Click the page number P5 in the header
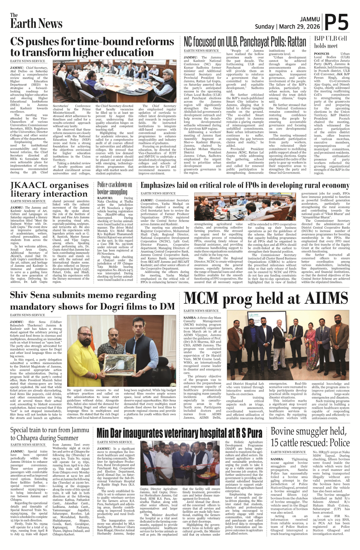(x=337, y=22)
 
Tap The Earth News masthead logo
(x=36, y=21)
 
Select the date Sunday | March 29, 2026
(x=287, y=26)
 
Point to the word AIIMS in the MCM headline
(x=326, y=298)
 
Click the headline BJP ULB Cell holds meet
(x=331, y=42)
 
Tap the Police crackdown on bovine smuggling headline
(x=115, y=188)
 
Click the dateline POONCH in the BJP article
(x=322, y=54)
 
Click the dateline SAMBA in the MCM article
(x=190, y=318)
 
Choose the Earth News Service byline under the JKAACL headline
(x=28, y=201)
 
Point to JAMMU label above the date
(x=310, y=19)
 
